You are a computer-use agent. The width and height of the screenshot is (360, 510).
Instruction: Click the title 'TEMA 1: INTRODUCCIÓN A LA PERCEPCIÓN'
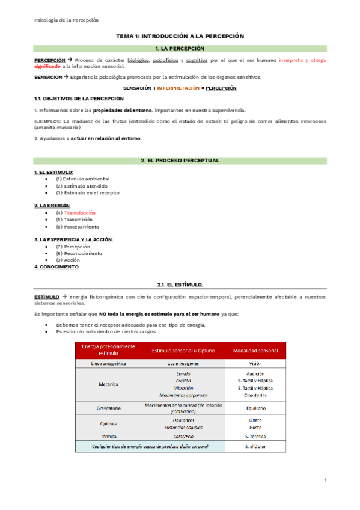click(x=180, y=36)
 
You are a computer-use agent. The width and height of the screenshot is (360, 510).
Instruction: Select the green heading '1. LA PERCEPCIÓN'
click(x=180, y=48)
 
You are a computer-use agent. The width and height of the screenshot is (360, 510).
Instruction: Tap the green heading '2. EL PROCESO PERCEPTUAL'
click(x=180, y=161)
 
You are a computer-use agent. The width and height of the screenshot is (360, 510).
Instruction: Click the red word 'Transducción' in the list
click(x=80, y=212)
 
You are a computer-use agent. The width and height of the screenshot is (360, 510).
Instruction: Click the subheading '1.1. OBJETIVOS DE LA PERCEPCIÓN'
click(x=79, y=98)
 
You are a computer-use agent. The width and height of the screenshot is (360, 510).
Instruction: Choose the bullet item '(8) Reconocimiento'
click(x=78, y=253)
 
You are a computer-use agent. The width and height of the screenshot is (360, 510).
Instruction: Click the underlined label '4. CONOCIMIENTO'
click(x=56, y=266)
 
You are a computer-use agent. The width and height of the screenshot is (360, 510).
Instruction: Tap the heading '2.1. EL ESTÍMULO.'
click(x=180, y=283)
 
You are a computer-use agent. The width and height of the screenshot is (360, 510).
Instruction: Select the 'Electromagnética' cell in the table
click(x=108, y=364)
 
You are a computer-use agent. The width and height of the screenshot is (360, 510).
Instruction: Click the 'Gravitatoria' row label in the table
click(x=108, y=408)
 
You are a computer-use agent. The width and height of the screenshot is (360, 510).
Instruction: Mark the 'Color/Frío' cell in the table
click(x=180, y=435)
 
